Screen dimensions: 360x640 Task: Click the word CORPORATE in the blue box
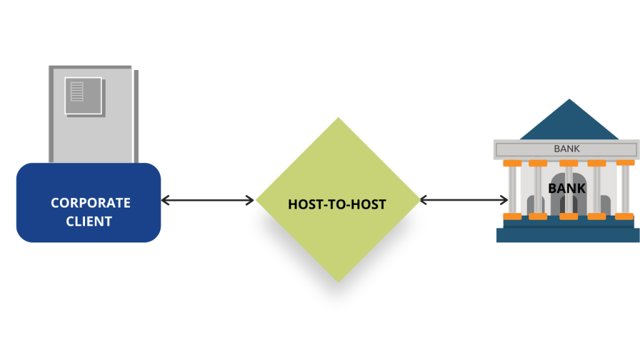[90, 203]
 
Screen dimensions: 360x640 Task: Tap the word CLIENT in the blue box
[90, 221]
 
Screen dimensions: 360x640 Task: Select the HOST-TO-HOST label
[337, 204]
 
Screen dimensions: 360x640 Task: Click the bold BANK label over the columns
[567, 187]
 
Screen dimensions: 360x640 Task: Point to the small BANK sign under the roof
[567, 149]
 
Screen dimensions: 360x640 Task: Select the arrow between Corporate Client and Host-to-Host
[207, 201]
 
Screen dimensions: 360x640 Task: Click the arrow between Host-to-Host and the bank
[464, 201]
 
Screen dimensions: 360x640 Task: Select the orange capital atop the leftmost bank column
[512, 163]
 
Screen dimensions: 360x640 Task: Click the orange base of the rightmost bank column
[625, 216]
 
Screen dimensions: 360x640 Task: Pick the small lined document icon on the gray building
[77, 92]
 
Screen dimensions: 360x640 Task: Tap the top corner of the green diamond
[338, 120]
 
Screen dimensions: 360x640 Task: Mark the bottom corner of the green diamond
[338, 280]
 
